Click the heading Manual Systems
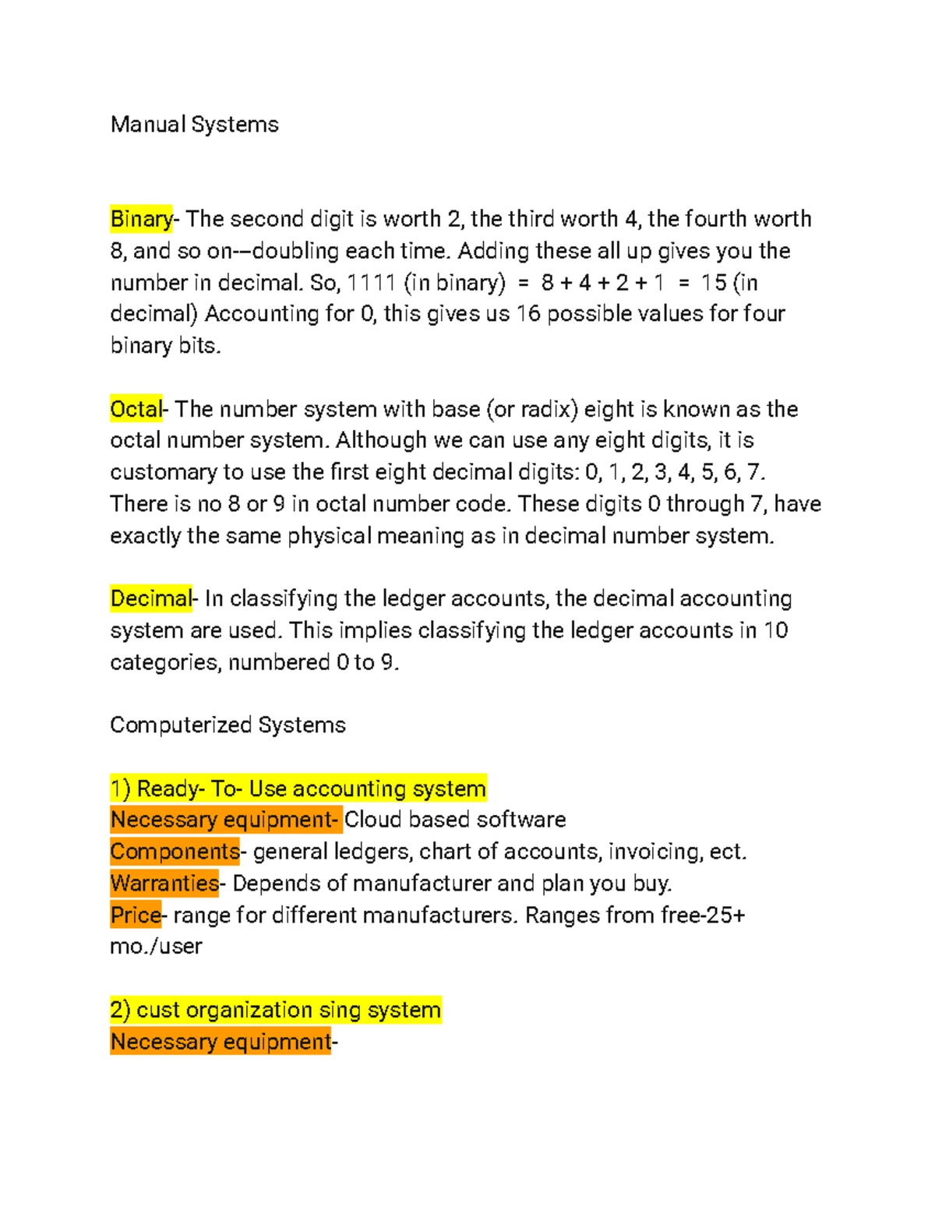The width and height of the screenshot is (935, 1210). [194, 125]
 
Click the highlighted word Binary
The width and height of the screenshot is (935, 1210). [141, 219]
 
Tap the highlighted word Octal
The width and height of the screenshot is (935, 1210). [136, 409]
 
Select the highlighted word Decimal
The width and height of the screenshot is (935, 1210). [150, 598]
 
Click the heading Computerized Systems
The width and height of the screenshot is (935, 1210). [228, 725]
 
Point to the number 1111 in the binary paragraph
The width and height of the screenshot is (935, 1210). [371, 283]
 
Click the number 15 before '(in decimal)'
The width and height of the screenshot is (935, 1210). [713, 283]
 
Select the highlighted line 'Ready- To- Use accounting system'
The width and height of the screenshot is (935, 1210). [298, 788]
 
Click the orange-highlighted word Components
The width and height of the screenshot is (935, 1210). [175, 852]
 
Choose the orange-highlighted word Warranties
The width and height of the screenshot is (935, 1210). [164, 884]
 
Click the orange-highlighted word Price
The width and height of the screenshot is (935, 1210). [136, 915]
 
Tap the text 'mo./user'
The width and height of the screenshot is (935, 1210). [156, 947]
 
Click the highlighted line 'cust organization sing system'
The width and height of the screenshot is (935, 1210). [276, 1010]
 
